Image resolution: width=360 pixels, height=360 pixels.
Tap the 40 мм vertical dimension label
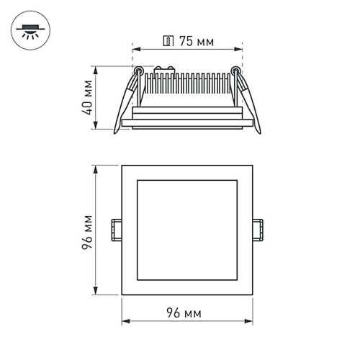pos(87,99)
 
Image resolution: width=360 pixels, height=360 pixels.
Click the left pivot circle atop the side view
pos(138,71)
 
